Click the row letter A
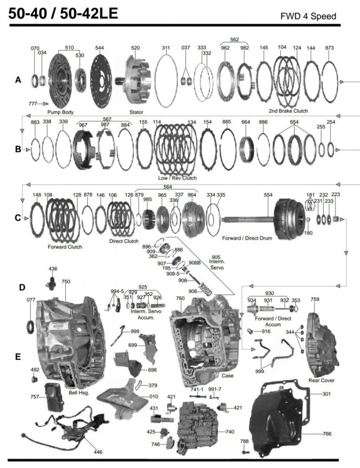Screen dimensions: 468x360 pyautogui.click(x=18, y=80)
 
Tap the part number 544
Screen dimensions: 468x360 pyautogui.click(x=99, y=48)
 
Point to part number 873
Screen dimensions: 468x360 pyautogui.click(x=329, y=48)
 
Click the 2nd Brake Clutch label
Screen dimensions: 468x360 pyautogui.click(x=288, y=111)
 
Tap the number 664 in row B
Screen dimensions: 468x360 pyautogui.click(x=246, y=122)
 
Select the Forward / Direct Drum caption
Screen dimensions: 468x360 pyautogui.click(x=247, y=238)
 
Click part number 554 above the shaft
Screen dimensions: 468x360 pyautogui.click(x=268, y=195)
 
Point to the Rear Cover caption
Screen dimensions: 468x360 pyautogui.click(x=321, y=381)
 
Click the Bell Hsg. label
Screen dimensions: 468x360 pyautogui.click(x=80, y=393)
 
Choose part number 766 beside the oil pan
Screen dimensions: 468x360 pyautogui.click(x=327, y=434)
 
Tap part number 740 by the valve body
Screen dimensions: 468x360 pyautogui.click(x=229, y=432)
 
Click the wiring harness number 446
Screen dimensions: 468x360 pyautogui.click(x=98, y=451)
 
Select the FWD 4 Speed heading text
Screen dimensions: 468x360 pyautogui.click(x=308, y=17)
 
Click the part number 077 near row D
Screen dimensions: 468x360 pyautogui.click(x=31, y=299)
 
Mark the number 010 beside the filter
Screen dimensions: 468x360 pyautogui.click(x=154, y=397)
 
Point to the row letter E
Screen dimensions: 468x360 pyautogui.click(x=18, y=357)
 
